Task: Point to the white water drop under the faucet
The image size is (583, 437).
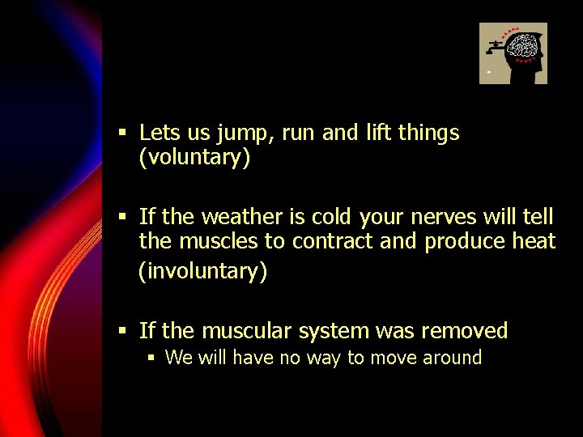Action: coord(488,73)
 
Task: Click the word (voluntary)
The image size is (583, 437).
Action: coord(194,158)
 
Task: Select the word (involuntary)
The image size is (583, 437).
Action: coord(202,271)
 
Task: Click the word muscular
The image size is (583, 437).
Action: coord(248,331)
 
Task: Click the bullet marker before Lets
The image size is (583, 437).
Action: coord(122,133)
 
